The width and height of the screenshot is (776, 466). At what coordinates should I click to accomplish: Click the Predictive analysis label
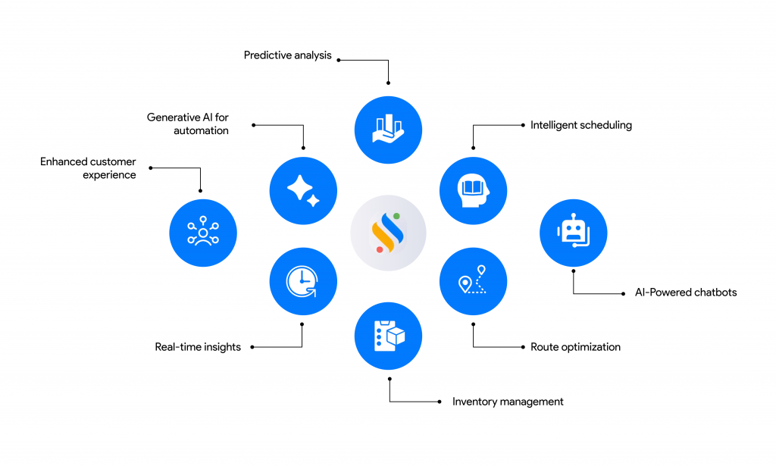point(287,55)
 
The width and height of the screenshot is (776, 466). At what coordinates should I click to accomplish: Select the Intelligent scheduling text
point(580,125)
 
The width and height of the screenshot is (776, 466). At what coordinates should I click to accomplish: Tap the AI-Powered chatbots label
point(685,292)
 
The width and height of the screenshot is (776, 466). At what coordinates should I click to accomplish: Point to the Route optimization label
point(575,347)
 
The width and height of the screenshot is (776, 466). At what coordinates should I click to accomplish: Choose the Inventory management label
point(508,402)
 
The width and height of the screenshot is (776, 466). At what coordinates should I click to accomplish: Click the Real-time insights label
point(198,347)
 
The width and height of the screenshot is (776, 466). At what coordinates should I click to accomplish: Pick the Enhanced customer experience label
point(88,168)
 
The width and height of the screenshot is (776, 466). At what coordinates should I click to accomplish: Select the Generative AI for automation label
point(187,124)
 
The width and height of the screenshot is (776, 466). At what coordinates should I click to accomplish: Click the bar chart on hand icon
point(388,130)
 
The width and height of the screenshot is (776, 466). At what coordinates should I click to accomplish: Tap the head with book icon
point(473,189)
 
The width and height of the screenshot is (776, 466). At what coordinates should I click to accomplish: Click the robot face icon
point(573,232)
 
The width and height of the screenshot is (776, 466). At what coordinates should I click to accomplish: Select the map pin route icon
point(473,281)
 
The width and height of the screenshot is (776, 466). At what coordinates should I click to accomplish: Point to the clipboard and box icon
point(388,336)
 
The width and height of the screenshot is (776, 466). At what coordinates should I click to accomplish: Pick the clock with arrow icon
point(302,281)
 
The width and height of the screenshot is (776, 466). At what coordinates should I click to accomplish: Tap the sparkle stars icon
point(303,190)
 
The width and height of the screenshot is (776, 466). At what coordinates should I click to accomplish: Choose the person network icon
point(203,232)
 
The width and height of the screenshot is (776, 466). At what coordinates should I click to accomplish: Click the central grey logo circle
point(388,233)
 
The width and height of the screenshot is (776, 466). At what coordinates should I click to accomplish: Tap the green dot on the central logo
point(396,217)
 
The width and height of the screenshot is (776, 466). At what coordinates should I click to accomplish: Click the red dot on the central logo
point(380,249)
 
